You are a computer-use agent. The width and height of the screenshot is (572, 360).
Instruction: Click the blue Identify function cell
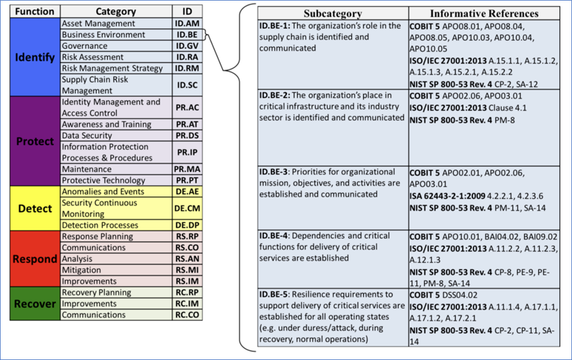click(x=35, y=57)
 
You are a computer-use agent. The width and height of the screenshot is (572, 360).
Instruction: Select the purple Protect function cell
click(x=35, y=141)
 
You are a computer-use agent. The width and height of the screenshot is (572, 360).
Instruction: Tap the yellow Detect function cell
click(x=35, y=208)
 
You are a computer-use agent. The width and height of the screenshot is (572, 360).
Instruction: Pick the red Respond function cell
click(x=35, y=259)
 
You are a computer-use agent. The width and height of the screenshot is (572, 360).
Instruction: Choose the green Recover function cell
click(x=35, y=303)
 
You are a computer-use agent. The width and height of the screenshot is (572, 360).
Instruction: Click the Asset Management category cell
click(x=99, y=24)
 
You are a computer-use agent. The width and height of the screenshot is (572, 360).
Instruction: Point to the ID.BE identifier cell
click(x=188, y=35)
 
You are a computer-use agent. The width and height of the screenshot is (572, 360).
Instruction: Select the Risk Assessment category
click(x=92, y=57)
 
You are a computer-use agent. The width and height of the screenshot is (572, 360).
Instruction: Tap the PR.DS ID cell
click(x=188, y=136)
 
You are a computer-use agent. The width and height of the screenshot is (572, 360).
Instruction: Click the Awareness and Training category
click(x=107, y=124)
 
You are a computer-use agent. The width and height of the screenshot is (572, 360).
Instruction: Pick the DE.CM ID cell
click(x=188, y=208)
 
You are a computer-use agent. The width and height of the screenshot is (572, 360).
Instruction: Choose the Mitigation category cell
click(x=81, y=270)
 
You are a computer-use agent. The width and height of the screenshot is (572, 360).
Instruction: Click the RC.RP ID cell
click(x=188, y=292)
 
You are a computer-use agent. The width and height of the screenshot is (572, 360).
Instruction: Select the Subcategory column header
click(x=332, y=14)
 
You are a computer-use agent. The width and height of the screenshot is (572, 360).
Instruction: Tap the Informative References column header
click(x=484, y=14)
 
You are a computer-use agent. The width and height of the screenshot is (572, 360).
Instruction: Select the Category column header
click(x=116, y=11)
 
